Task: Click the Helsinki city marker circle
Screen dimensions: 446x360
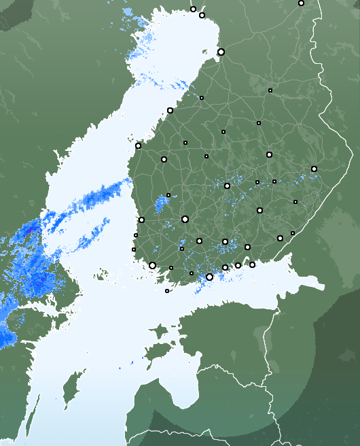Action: click(x=209, y=277)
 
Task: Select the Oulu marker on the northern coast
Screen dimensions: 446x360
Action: click(x=221, y=52)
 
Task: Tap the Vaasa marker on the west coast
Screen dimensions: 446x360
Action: click(x=138, y=145)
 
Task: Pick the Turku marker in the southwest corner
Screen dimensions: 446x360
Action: click(x=152, y=265)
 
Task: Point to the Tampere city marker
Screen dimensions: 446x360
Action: click(x=185, y=219)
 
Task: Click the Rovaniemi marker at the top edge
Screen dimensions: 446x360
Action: click(x=301, y=3)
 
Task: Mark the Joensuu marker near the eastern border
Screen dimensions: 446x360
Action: click(x=314, y=169)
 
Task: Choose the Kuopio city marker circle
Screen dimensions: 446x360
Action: click(x=269, y=155)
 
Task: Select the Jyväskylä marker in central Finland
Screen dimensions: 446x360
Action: click(x=227, y=186)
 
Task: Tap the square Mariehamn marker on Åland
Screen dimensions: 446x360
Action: click(x=167, y=291)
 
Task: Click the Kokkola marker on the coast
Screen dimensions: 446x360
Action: click(x=170, y=110)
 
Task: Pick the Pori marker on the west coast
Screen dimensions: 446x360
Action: click(x=141, y=220)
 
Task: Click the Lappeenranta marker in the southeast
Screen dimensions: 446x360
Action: click(x=280, y=238)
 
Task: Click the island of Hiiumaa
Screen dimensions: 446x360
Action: click(x=160, y=332)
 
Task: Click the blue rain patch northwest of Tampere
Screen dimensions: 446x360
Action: click(x=162, y=203)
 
